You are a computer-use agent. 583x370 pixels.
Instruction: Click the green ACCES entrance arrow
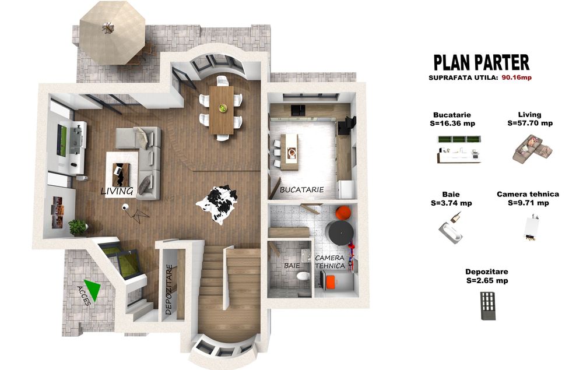(93, 290)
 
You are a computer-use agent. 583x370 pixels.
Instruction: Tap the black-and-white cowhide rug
(217, 204)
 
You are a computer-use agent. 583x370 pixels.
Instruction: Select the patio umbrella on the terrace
(112, 32)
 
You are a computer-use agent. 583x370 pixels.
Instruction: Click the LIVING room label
(117, 191)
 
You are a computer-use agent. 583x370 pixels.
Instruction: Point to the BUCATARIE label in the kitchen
(301, 189)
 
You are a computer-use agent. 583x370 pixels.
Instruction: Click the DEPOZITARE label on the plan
(169, 290)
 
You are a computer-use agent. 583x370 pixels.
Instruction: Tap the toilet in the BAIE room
(303, 276)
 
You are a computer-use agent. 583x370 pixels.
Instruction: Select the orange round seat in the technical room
(343, 213)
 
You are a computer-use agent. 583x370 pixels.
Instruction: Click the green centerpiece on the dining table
(222, 108)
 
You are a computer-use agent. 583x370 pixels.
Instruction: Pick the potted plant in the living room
(78, 227)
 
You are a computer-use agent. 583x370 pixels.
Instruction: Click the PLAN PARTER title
(482, 63)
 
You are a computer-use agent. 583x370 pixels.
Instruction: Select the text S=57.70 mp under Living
(530, 123)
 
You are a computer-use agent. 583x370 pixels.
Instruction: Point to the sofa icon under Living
(532, 149)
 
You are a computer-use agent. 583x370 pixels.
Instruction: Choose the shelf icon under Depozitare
(488, 306)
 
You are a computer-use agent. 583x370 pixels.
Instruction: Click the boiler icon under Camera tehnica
(531, 227)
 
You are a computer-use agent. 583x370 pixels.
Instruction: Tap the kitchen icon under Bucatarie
(459, 150)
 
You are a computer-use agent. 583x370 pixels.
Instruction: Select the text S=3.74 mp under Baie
(451, 203)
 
